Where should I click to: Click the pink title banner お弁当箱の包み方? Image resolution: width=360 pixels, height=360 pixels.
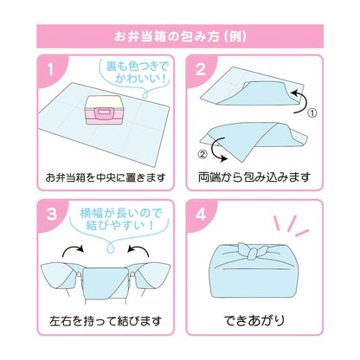(180, 37)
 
